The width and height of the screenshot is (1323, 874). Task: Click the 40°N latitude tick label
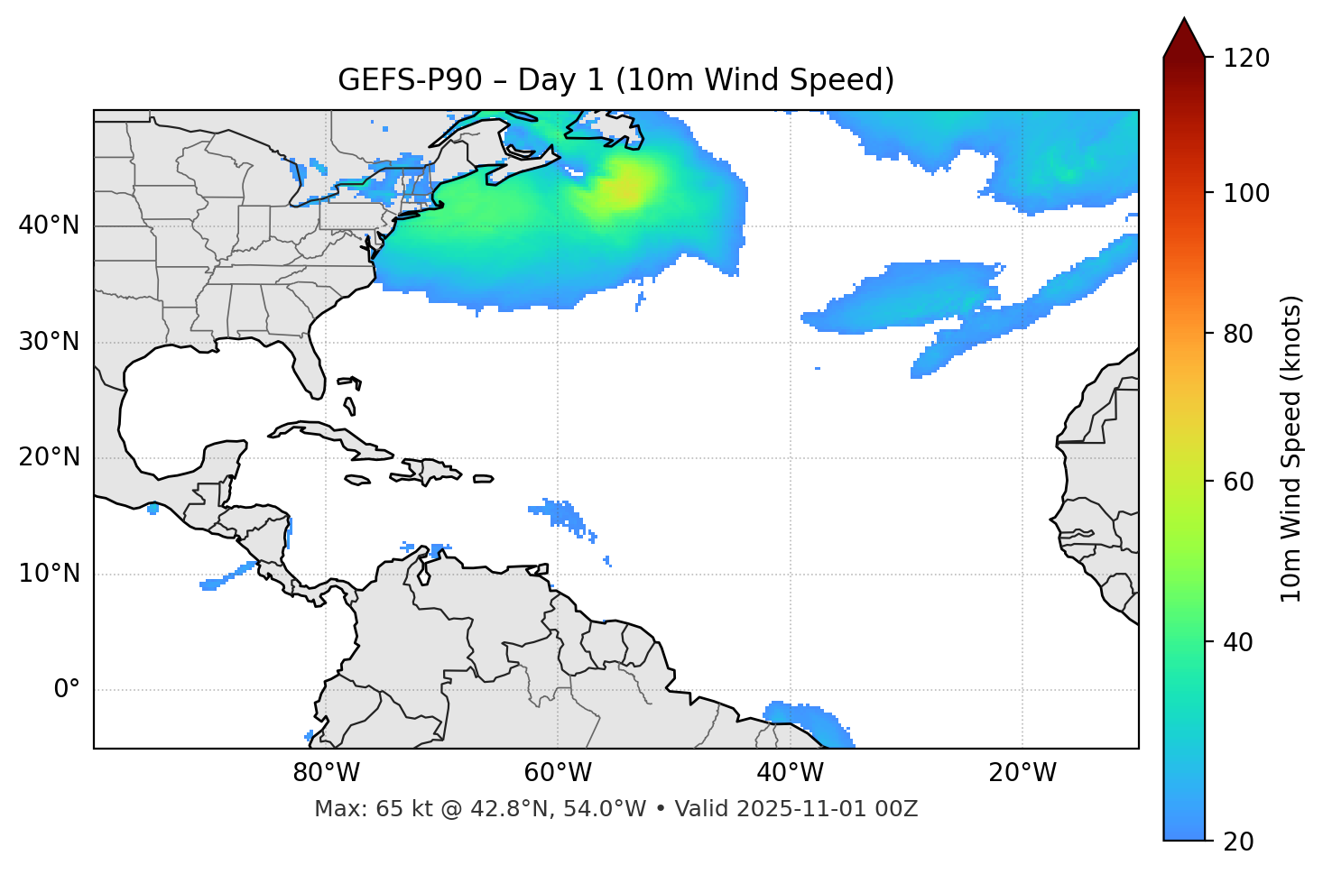pos(49,225)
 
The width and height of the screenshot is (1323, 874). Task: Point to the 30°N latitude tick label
pos(49,342)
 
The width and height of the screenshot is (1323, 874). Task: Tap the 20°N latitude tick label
pos(49,457)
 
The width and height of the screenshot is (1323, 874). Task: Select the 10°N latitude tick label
pos(49,574)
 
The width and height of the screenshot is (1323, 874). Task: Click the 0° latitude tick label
pos(67,690)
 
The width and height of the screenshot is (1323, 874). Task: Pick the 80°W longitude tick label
pos(326,773)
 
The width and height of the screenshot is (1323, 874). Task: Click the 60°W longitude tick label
pos(558,773)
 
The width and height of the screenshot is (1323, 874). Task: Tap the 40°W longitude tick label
pos(791,773)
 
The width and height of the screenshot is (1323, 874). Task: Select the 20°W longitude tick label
pos(1022,773)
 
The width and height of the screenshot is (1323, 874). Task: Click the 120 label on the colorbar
pos(1246,59)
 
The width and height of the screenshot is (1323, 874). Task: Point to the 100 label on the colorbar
pos(1246,193)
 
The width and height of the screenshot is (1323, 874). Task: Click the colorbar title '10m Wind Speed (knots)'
pos(1292,449)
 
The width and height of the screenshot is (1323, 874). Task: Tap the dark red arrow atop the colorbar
pos(1184,39)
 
